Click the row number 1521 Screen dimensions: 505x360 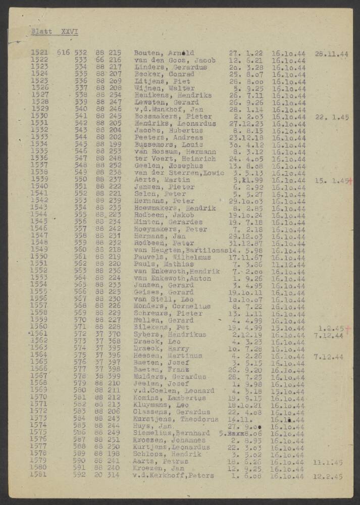pyautogui.click(x=40, y=53)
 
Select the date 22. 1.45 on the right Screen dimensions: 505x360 pyautogui.click(x=331, y=117)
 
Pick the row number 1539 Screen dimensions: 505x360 pyautogui.click(x=40, y=179)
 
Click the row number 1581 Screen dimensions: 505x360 pyautogui.click(x=40, y=475)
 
